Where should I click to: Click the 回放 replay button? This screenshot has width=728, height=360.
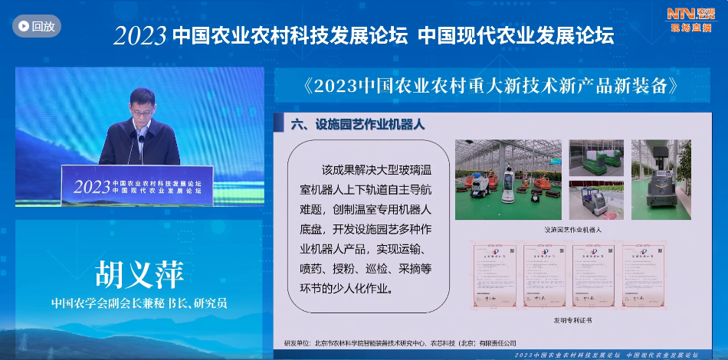pyautogui.click(x=36, y=26)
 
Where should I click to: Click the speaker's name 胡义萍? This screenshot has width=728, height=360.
pyautogui.click(x=139, y=274)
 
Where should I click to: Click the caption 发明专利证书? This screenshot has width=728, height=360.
pyautogui.click(x=573, y=319)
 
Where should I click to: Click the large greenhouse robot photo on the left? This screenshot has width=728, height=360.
pyautogui.click(x=508, y=179)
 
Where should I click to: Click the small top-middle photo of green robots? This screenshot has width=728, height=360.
pyautogui.click(x=596, y=157)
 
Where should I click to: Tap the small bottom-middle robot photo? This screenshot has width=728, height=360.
pyautogui.click(x=596, y=201)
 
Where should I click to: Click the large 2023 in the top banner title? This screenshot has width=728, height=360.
pyautogui.click(x=139, y=36)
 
